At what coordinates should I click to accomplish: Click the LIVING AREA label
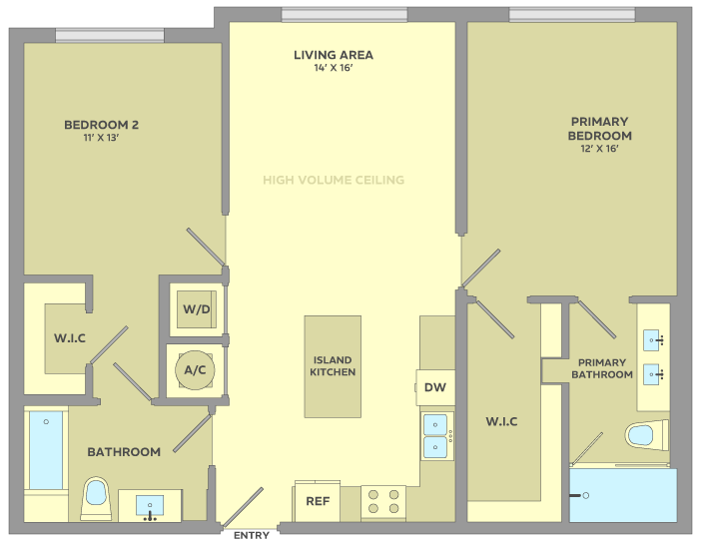[x=334, y=55]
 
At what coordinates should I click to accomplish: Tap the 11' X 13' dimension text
[x=101, y=138]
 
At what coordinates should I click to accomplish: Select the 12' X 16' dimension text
[x=599, y=149]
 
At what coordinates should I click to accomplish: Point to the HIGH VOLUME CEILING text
[x=334, y=180]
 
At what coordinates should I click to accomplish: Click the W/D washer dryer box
[x=197, y=309]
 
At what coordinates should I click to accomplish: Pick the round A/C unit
[x=195, y=370]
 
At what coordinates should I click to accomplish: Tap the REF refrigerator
[x=317, y=501]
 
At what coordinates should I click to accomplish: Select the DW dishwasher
[x=435, y=387]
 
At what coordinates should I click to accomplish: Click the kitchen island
[x=333, y=366]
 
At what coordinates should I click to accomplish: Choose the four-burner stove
[x=383, y=502]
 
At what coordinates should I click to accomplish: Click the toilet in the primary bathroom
[x=647, y=435]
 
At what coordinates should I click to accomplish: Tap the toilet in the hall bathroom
[x=97, y=498]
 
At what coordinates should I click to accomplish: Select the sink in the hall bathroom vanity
[x=150, y=505]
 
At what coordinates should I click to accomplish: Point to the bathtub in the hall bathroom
[x=46, y=450]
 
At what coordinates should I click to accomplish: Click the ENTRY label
[x=252, y=535]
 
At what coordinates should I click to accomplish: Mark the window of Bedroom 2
[x=110, y=35]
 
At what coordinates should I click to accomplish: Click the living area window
[x=345, y=14]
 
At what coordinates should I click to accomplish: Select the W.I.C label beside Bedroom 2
[x=70, y=337]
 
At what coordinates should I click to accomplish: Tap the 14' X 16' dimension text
[x=334, y=68]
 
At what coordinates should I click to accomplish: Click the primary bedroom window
[x=572, y=14]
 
